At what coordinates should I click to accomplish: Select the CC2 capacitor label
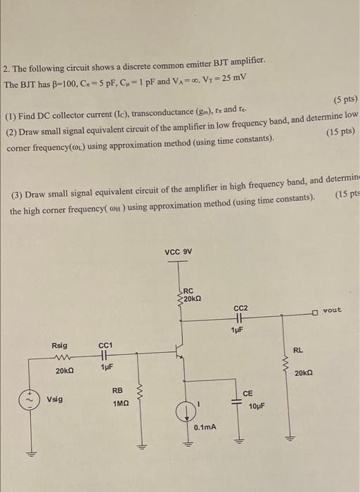pos(240,307)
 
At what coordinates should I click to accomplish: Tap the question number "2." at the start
pos(6,70)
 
